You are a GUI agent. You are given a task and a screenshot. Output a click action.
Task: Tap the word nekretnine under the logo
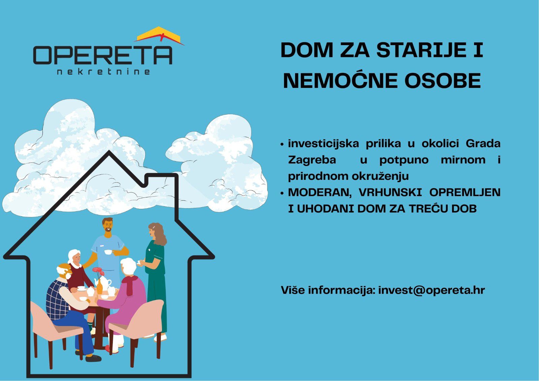(103, 72)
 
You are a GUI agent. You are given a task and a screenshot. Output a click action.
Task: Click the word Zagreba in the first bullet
(312, 160)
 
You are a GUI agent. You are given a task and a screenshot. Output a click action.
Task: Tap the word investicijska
(323, 144)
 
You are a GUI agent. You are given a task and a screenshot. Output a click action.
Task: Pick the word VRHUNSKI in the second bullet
(390, 192)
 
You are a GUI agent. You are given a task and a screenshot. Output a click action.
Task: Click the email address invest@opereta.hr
(432, 290)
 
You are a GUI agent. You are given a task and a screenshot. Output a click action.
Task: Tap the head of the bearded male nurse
(107, 225)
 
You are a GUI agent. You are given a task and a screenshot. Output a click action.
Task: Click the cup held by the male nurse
(108, 252)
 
